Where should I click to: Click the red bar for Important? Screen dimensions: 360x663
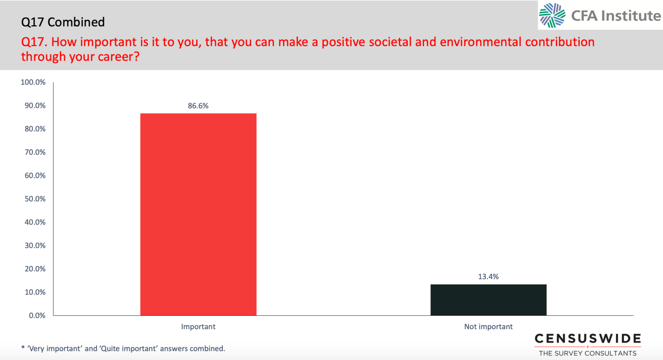coord(198,214)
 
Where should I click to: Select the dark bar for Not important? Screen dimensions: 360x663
coord(488,300)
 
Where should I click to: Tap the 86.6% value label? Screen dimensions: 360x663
coord(198,106)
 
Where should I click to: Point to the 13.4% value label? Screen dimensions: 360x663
coord(488,277)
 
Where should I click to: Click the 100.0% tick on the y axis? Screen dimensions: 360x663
coord(33,82)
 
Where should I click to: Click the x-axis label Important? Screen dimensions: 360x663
coord(198,327)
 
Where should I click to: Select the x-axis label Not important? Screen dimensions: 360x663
coord(488,327)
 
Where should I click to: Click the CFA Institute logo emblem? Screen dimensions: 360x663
coord(552,16)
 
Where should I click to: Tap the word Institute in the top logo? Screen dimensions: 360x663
coord(632,16)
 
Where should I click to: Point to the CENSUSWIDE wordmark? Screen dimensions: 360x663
coord(587,339)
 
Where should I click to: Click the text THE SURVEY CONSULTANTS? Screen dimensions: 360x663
coord(587,353)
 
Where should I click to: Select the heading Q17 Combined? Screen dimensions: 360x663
coord(63,22)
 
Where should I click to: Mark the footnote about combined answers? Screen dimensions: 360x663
coord(123,348)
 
